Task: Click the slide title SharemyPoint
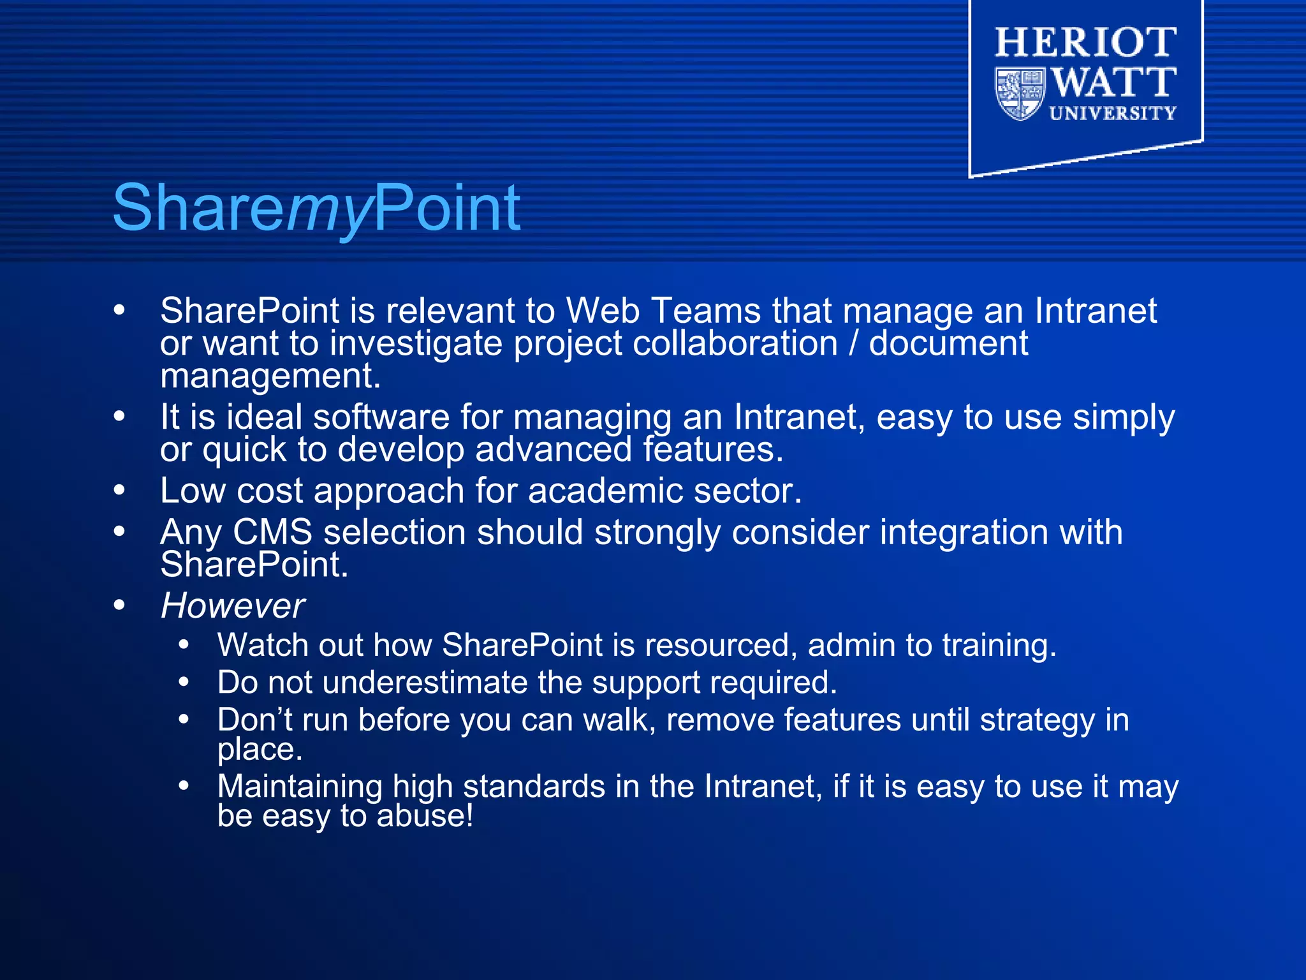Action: pos(316,208)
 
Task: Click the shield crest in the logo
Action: pos(1020,94)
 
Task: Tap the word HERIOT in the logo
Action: pos(1086,43)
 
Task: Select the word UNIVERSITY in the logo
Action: pos(1113,114)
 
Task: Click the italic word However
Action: pos(233,605)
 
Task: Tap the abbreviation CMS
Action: pos(272,532)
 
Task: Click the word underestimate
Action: pos(425,683)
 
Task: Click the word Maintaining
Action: pos(300,786)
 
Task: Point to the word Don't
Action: pos(254,720)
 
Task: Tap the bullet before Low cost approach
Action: pos(119,491)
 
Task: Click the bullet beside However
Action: pos(119,605)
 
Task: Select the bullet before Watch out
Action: pos(184,645)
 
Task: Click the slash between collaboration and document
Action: pos(853,344)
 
